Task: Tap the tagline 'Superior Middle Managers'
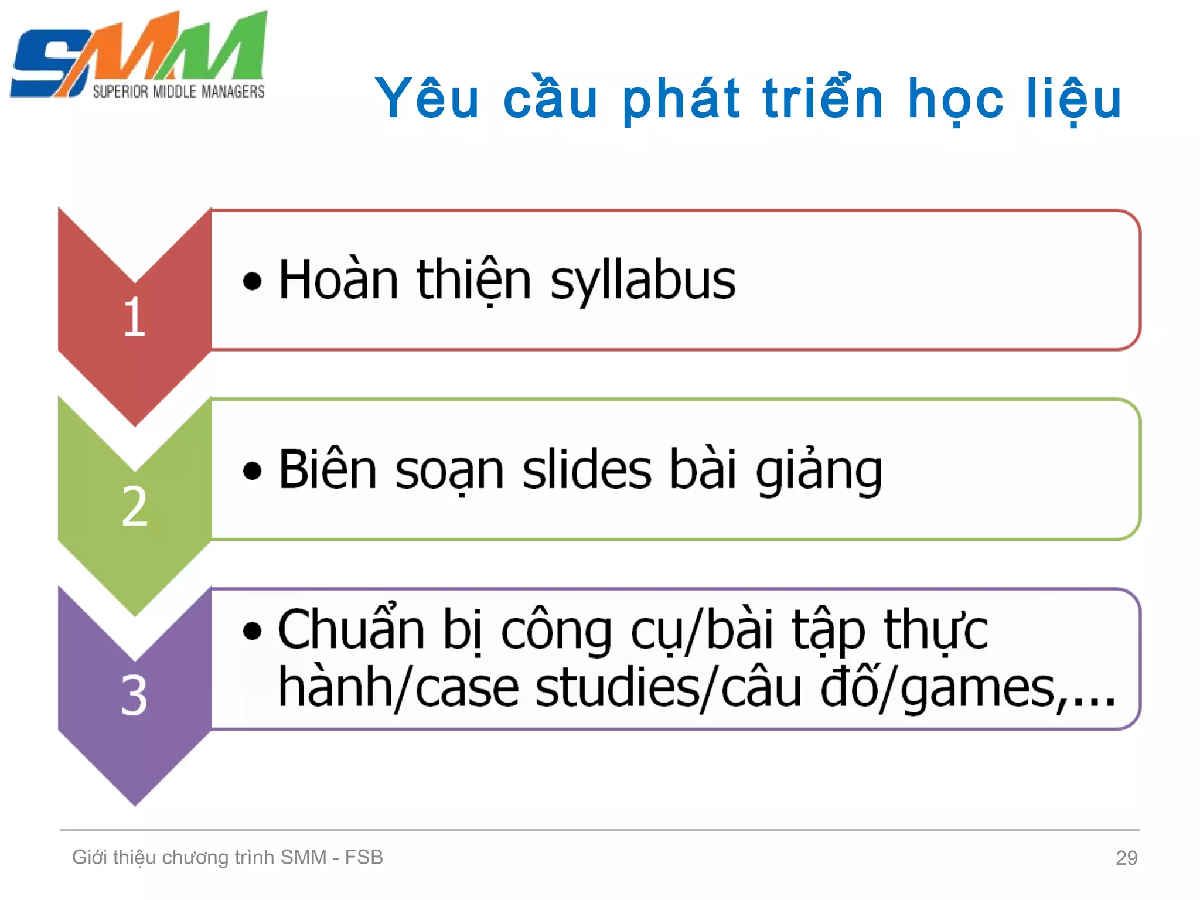click(179, 92)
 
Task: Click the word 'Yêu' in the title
click(427, 98)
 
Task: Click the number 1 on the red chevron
click(135, 317)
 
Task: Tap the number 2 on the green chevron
click(135, 506)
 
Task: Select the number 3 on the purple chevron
click(134, 696)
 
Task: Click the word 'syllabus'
click(643, 281)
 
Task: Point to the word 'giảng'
click(819, 471)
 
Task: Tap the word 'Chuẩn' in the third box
click(351, 629)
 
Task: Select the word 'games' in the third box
click(977, 689)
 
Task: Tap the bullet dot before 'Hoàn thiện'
click(252, 281)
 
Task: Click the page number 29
click(1126, 858)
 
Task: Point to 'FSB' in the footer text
click(363, 857)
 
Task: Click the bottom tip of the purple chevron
click(135, 803)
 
